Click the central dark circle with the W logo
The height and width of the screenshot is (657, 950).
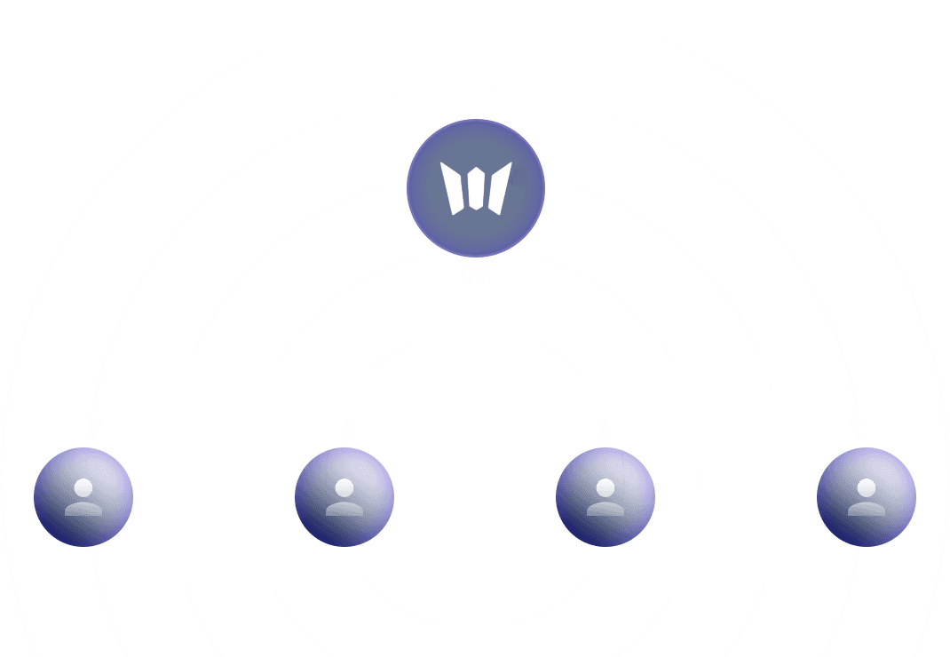click(475, 188)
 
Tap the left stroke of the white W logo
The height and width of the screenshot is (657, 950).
click(454, 189)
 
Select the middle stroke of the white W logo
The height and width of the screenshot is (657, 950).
click(476, 188)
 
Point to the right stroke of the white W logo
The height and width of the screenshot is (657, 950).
click(498, 188)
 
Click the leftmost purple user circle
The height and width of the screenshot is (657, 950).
click(83, 496)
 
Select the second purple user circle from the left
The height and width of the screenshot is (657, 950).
click(344, 496)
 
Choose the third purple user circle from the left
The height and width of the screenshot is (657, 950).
click(605, 496)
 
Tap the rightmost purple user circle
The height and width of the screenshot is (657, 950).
click(866, 496)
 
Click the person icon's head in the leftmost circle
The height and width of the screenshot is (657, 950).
click(83, 487)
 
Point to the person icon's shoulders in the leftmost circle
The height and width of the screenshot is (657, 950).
click(83, 509)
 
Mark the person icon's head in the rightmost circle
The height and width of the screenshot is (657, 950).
click(866, 487)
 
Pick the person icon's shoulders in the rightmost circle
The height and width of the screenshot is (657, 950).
click(866, 509)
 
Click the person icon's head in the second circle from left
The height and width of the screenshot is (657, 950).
click(344, 487)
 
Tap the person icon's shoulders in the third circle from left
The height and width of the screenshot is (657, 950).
click(605, 509)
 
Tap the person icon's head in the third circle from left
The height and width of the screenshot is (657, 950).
click(605, 487)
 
